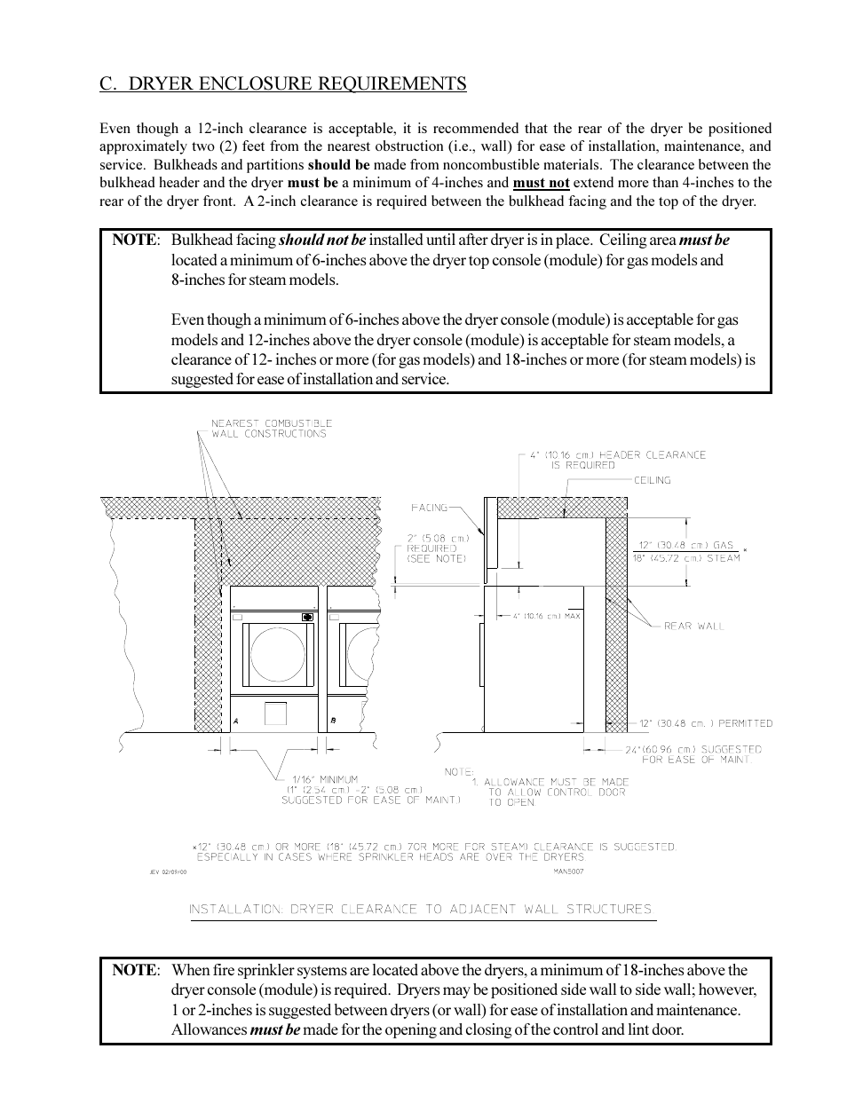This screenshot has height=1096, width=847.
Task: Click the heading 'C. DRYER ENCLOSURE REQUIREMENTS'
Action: (282, 83)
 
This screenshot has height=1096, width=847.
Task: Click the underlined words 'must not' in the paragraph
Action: (541, 183)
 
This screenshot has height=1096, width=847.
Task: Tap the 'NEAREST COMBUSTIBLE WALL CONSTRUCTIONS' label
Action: (271, 429)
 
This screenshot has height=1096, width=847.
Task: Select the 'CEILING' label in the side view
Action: (652, 480)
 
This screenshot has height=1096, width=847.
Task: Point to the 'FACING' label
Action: (429, 508)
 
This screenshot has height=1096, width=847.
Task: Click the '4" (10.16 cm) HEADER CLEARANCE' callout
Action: (617, 455)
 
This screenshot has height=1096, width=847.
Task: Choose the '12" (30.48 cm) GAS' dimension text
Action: (686, 545)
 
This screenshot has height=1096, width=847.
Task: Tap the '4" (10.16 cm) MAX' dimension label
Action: (546, 616)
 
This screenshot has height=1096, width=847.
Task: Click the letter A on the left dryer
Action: (235, 721)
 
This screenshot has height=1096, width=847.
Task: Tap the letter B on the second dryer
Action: (333, 721)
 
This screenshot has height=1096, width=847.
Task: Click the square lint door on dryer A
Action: (275, 713)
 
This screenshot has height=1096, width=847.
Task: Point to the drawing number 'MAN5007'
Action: (568, 871)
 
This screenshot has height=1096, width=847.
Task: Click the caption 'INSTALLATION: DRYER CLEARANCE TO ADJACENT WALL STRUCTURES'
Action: (420, 910)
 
